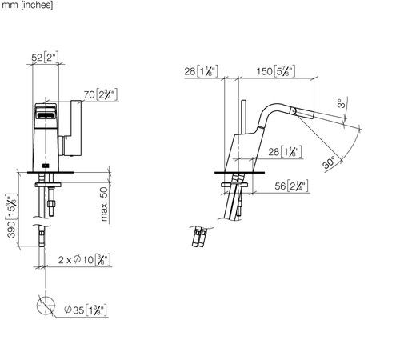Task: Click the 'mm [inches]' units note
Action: [27, 5]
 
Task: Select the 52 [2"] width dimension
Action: [45, 57]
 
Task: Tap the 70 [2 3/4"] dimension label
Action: [101, 94]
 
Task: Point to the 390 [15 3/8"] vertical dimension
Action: [11, 215]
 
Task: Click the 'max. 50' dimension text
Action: [104, 204]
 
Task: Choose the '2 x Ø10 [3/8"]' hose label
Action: [84, 259]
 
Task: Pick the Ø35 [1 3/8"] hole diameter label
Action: [86, 310]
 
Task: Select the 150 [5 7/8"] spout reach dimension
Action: [276, 71]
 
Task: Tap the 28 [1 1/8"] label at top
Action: [201, 71]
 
